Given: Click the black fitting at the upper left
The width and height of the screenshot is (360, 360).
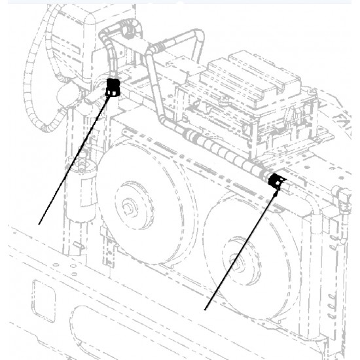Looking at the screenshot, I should click(113, 86).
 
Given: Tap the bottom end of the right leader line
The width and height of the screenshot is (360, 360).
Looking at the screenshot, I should click(206, 308).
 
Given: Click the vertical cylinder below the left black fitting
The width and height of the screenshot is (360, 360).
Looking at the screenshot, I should click(84, 196).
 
